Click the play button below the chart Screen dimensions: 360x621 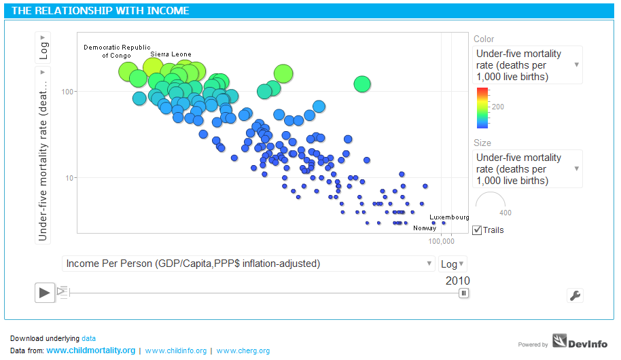tap(44, 293)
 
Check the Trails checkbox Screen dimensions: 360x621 tap(477, 230)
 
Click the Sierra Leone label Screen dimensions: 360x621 tap(171, 54)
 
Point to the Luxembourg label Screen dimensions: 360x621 tap(449, 217)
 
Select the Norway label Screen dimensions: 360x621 tap(425, 228)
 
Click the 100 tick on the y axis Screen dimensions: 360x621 tap(68, 91)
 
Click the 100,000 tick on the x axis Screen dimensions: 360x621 tap(441, 240)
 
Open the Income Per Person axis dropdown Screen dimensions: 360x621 tap(248, 264)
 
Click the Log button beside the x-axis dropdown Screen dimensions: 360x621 tap(453, 264)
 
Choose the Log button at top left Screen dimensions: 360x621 tap(43, 49)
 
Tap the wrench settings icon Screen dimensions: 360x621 tap(575, 295)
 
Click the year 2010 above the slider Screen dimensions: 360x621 tap(457, 281)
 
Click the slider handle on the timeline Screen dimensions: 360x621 tap(463, 293)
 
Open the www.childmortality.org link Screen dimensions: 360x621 tap(91, 350)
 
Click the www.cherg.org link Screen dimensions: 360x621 tap(243, 350)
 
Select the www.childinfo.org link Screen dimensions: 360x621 tap(176, 350)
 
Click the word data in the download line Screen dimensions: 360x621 tap(89, 338)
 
